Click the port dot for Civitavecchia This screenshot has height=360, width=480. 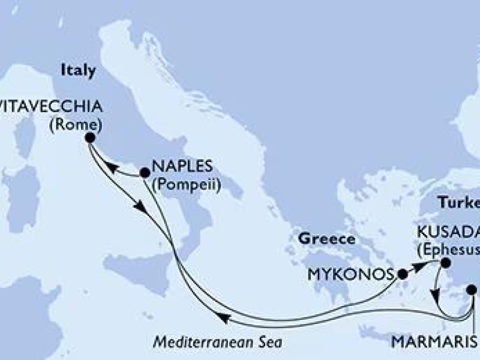tap(90, 137)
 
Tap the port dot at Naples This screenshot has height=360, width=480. tap(145, 173)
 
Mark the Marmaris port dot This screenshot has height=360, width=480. tap(472, 289)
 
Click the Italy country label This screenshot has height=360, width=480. tap(78, 70)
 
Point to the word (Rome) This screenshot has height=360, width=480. tap(80, 125)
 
